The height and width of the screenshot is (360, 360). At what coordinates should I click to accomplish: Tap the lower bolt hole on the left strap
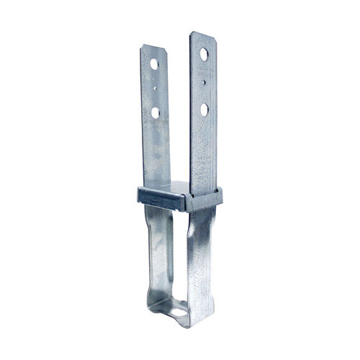(154, 112)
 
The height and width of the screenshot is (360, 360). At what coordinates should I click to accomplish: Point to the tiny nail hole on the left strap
(154, 89)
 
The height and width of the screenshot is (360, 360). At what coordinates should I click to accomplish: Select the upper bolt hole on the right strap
(204, 54)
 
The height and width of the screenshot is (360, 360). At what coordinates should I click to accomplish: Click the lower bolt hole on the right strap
(204, 109)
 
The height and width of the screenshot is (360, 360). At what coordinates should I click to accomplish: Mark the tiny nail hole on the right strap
(205, 82)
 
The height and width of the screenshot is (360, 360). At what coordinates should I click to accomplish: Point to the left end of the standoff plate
(135, 193)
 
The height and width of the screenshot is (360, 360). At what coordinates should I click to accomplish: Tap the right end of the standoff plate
(217, 196)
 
